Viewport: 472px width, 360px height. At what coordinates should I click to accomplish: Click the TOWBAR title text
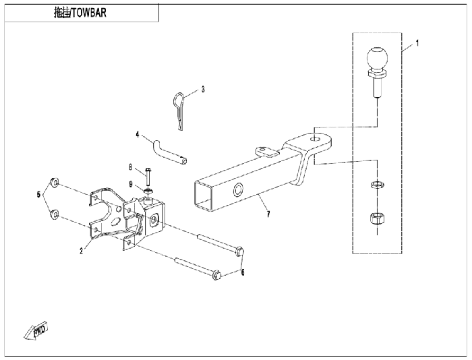(80, 13)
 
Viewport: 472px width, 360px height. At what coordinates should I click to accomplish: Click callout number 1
(417, 43)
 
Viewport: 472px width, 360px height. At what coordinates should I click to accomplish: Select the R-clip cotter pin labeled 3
(179, 111)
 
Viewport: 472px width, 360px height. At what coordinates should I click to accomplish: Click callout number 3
(203, 90)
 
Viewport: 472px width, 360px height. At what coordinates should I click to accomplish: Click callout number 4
(138, 134)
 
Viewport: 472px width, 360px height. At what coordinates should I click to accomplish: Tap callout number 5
(38, 194)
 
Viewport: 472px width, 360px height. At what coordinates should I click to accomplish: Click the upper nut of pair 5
(54, 183)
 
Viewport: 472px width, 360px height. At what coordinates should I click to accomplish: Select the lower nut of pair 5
(54, 214)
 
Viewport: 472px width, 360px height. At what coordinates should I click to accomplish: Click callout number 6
(243, 272)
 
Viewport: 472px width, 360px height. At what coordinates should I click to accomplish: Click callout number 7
(268, 214)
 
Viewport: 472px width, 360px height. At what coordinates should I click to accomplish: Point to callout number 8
(130, 167)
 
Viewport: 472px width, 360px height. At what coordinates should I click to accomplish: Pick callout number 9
(130, 184)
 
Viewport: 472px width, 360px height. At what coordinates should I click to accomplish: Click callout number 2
(82, 250)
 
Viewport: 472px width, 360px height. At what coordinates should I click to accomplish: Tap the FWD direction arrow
(36, 330)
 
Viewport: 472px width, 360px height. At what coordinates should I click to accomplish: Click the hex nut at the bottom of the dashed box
(377, 218)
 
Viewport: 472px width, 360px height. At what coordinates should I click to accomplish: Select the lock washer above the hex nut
(376, 184)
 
